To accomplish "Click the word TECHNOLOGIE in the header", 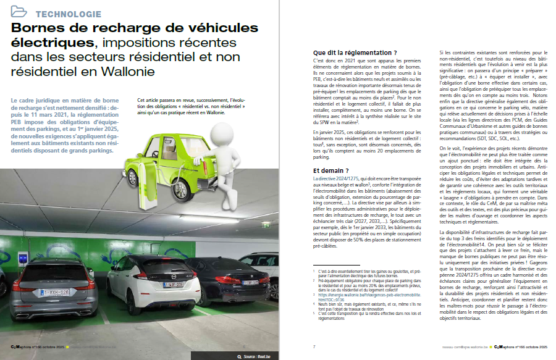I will click(69, 14).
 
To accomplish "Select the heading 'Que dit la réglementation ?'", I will click(355, 53).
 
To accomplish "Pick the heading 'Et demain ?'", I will click(332, 170).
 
